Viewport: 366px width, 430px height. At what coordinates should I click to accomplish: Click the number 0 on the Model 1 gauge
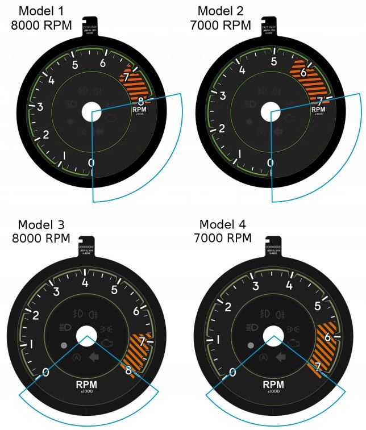coord(91,164)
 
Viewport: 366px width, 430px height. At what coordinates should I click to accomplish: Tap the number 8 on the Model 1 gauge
coord(142,101)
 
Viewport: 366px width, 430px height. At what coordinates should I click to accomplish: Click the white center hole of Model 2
coord(271,111)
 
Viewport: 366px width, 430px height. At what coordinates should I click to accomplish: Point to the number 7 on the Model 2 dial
coord(320,101)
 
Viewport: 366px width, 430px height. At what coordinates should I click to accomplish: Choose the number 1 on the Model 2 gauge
coord(240,155)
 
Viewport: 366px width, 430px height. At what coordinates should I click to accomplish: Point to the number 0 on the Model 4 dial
coord(232,373)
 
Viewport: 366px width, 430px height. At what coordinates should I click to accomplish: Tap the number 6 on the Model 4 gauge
coord(328,337)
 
